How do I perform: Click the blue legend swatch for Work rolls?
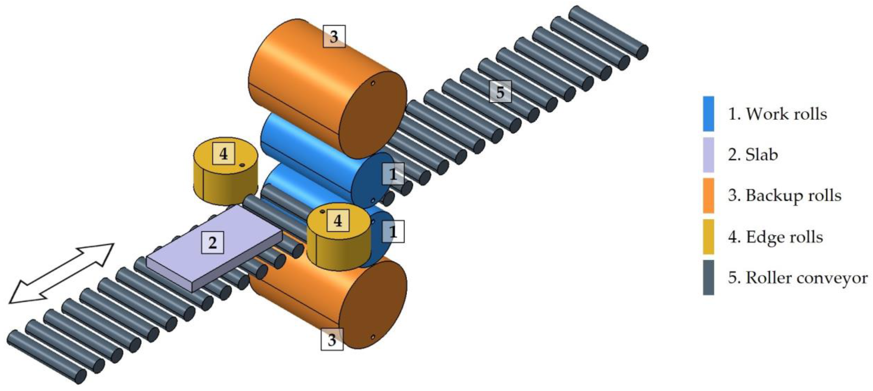point(708,114)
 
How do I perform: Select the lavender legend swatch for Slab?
point(708,155)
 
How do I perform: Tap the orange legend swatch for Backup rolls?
point(708,196)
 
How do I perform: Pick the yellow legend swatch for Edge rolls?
point(708,237)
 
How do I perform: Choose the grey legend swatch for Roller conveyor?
point(708,277)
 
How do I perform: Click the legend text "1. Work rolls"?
point(777,114)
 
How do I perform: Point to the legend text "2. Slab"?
point(753,155)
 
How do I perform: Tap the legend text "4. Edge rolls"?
point(775,237)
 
